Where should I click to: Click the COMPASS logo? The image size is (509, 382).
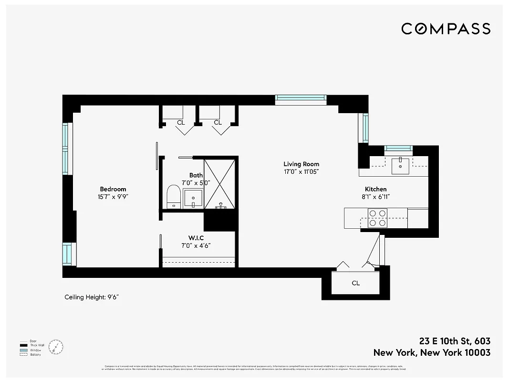(x=446, y=29)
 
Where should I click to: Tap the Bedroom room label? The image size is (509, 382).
(x=113, y=189)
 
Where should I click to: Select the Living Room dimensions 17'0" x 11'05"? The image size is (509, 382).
(x=301, y=171)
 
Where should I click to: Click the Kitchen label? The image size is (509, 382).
(x=376, y=189)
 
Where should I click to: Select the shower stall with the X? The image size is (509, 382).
(x=219, y=184)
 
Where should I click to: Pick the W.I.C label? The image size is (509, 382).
(x=196, y=238)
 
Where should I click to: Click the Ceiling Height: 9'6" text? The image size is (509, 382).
(x=92, y=297)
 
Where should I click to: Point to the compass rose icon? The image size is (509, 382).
(x=56, y=346)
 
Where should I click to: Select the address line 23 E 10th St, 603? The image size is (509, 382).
(x=455, y=341)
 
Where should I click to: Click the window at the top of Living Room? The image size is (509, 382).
(x=301, y=99)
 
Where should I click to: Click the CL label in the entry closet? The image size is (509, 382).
(x=356, y=283)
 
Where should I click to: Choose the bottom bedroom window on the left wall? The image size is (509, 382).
(x=67, y=254)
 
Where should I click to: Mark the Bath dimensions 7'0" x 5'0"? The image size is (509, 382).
(x=196, y=182)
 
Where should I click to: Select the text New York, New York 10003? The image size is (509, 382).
(x=432, y=353)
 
